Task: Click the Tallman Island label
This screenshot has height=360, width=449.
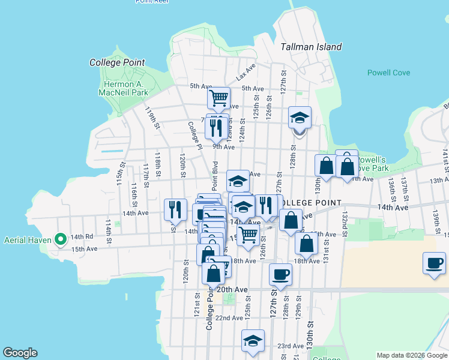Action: (x=312, y=47)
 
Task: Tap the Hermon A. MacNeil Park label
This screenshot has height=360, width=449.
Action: (x=122, y=88)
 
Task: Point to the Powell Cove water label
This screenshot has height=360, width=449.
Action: (x=388, y=73)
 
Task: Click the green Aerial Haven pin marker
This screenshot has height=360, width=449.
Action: (x=61, y=239)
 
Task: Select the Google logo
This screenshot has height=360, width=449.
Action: (x=20, y=353)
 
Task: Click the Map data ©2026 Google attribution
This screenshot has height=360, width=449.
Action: (x=411, y=355)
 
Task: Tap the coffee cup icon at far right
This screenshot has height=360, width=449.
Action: (x=434, y=263)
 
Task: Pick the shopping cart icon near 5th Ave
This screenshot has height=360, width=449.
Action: (x=219, y=97)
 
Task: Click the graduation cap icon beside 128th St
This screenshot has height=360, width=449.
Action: (x=300, y=118)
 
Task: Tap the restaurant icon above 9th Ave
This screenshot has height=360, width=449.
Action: (x=216, y=126)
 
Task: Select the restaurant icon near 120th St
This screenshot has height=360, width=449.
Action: (x=174, y=209)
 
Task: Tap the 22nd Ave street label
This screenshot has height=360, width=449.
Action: (x=229, y=317)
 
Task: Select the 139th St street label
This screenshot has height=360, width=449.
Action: (x=437, y=222)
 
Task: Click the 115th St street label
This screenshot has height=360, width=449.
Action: (x=121, y=172)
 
